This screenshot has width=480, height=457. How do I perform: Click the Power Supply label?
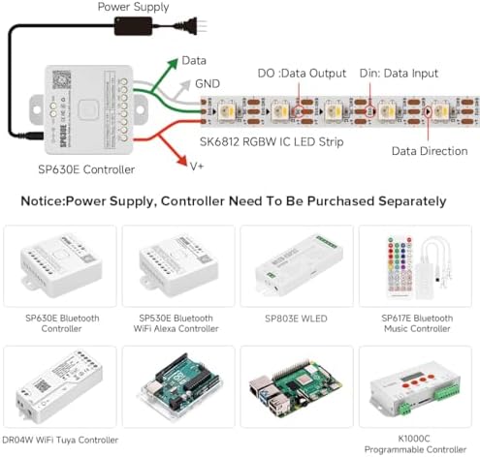133,7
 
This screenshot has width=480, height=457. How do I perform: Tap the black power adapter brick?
133,26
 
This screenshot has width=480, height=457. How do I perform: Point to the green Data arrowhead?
173,63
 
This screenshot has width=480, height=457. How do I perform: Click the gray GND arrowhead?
185,85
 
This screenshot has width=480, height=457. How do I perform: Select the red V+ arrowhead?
181,160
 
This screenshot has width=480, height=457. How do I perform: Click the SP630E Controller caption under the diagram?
86,169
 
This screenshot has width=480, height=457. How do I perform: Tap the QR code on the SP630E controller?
61,79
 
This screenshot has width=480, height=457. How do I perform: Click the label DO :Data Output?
302,74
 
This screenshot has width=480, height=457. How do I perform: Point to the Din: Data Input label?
399,74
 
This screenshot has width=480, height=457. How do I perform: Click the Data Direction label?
430,151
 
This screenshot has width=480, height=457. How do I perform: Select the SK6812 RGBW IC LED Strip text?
272,141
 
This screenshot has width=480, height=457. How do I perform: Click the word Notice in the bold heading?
43,201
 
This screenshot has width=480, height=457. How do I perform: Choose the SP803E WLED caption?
296,319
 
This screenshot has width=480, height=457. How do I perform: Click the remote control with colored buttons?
400,267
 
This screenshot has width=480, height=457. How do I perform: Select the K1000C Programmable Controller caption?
415,443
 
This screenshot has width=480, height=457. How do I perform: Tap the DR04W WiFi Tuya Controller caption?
60,440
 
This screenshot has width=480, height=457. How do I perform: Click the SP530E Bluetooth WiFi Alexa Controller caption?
176,323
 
